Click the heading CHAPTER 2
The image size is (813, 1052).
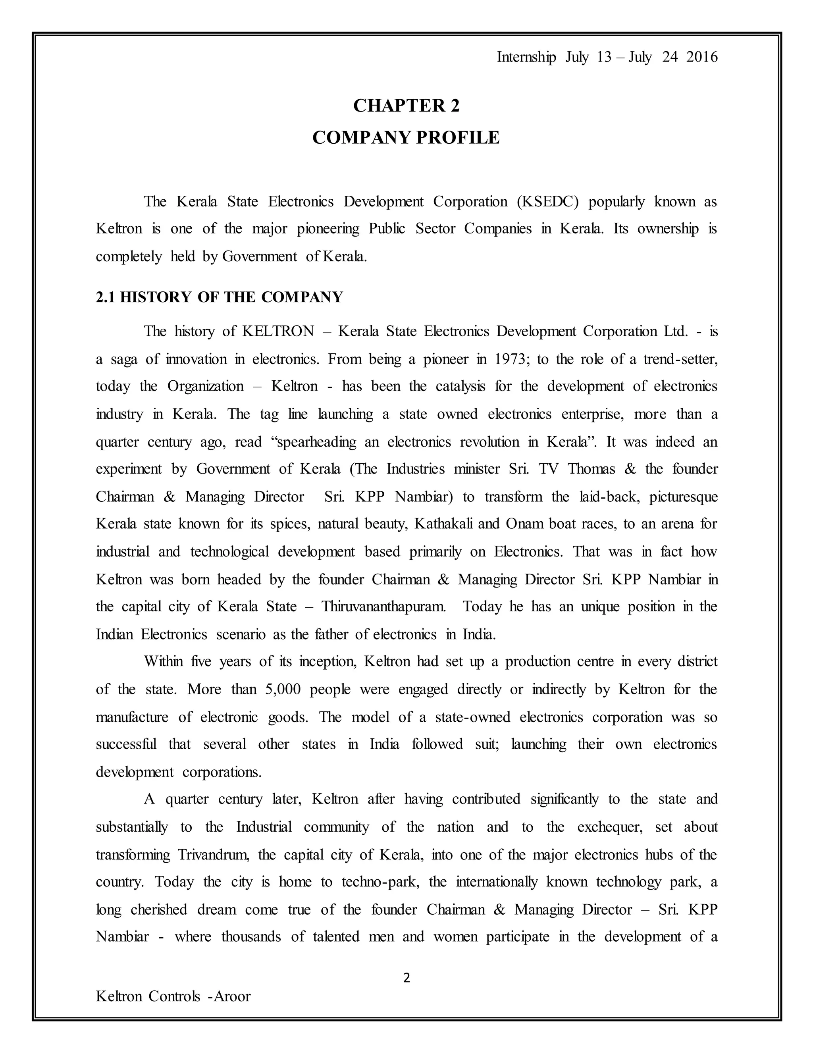click(406, 106)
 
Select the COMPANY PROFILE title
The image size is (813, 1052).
click(406, 138)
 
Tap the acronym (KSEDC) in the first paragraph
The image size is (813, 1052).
click(547, 201)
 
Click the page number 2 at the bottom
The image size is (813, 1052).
click(406, 978)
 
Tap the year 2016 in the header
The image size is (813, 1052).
click(702, 57)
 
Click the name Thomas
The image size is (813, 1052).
click(591, 469)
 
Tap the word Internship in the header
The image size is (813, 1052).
click(526, 57)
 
